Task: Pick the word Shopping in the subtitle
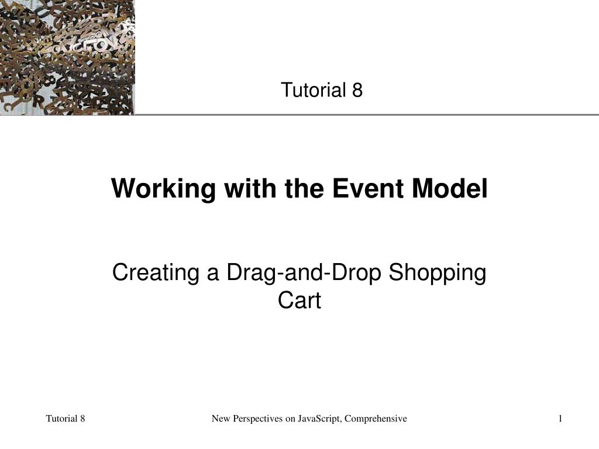[x=438, y=273]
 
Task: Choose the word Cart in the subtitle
[x=299, y=301]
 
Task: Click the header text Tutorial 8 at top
[x=322, y=90]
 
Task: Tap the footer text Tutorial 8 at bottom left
[x=66, y=418]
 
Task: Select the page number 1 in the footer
[x=560, y=418]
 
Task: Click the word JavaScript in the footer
[x=320, y=418]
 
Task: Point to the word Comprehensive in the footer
[x=378, y=418]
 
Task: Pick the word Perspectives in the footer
[x=255, y=418]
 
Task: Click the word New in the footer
[x=221, y=418]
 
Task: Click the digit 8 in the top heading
[x=357, y=90]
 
